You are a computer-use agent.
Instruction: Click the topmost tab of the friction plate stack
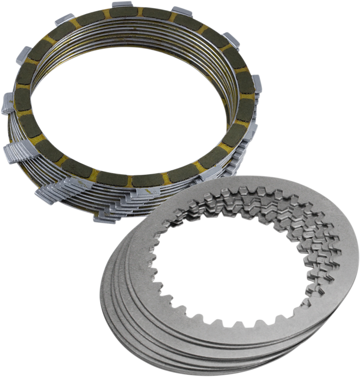point(120,5)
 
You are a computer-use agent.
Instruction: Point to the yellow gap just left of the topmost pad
point(106,14)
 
